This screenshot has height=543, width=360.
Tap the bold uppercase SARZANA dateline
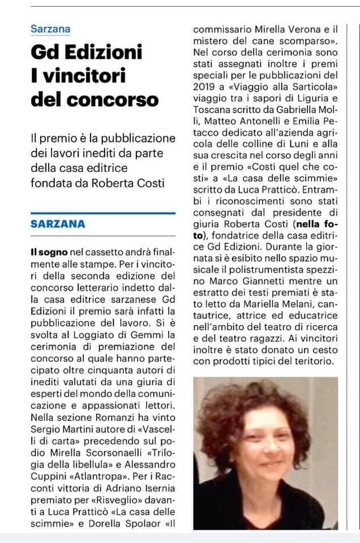58,223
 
